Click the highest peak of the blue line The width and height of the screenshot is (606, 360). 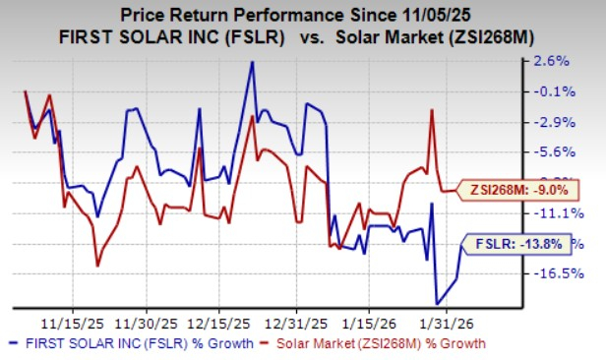252,62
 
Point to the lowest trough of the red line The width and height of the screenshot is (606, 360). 97,265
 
